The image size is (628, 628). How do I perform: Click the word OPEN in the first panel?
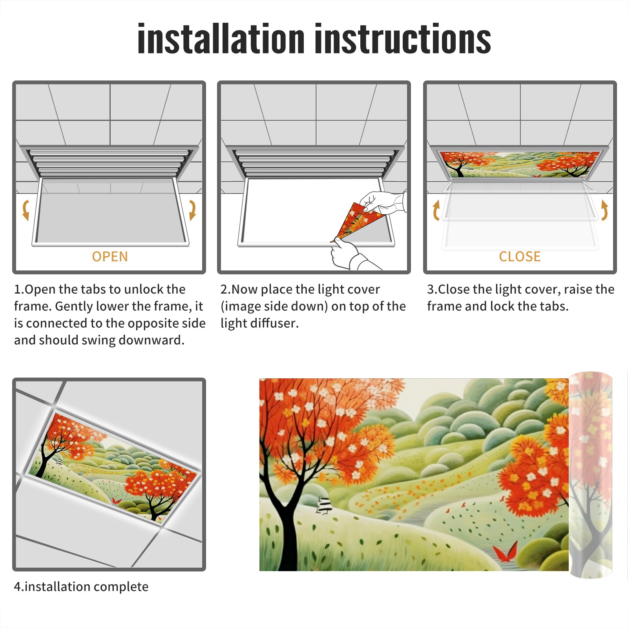[x=110, y=257]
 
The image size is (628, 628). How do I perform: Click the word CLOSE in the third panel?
[x=520, y=257]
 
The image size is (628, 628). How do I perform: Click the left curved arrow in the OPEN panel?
[x=26, y=210]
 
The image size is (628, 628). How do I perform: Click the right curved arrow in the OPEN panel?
[x=192, y=210]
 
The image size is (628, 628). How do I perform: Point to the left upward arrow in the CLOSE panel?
[x=436, y=210]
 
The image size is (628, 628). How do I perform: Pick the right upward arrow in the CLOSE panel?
[x=604, y=210]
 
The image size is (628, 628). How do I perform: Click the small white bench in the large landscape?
[x=324, y=505]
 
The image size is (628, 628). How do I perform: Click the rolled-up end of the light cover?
[x=590, y=475]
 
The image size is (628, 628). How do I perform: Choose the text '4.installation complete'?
[x=81, y=587]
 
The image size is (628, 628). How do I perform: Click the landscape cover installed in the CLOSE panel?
[x=520, y=164]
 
